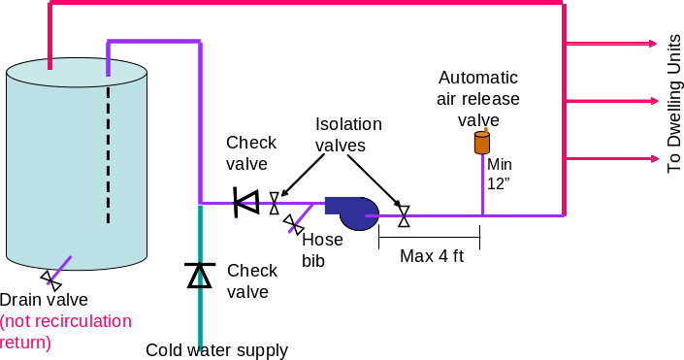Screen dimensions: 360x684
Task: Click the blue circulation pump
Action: click(x=352, y=213)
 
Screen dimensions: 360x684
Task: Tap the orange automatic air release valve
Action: click(x=482, y=144)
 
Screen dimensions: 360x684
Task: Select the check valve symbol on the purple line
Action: click(x=246, y=203)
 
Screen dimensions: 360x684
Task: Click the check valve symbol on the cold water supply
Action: click(x=199, y=276)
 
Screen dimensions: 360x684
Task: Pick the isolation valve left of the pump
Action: click(x=275, y=204)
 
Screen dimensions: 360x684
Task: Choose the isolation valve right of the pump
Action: click(x=405, y=214)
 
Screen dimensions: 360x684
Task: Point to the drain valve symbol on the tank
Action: click(x=51, y=279)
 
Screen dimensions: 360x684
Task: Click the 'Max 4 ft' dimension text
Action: click(x=431, y=256)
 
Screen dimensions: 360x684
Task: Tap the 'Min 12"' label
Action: click(x=500, y=174)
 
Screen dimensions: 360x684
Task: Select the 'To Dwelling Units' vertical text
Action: click(x=674, y=103)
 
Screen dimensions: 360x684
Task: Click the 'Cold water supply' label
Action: click(x=216, y=349)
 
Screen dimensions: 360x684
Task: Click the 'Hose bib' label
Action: click(x=322, y=250)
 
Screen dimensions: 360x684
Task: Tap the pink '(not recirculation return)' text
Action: click(x=65, y=331)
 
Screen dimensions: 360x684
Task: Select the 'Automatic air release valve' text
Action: click(x=478, y=98)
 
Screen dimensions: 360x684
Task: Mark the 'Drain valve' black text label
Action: click(x=45, y=300)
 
